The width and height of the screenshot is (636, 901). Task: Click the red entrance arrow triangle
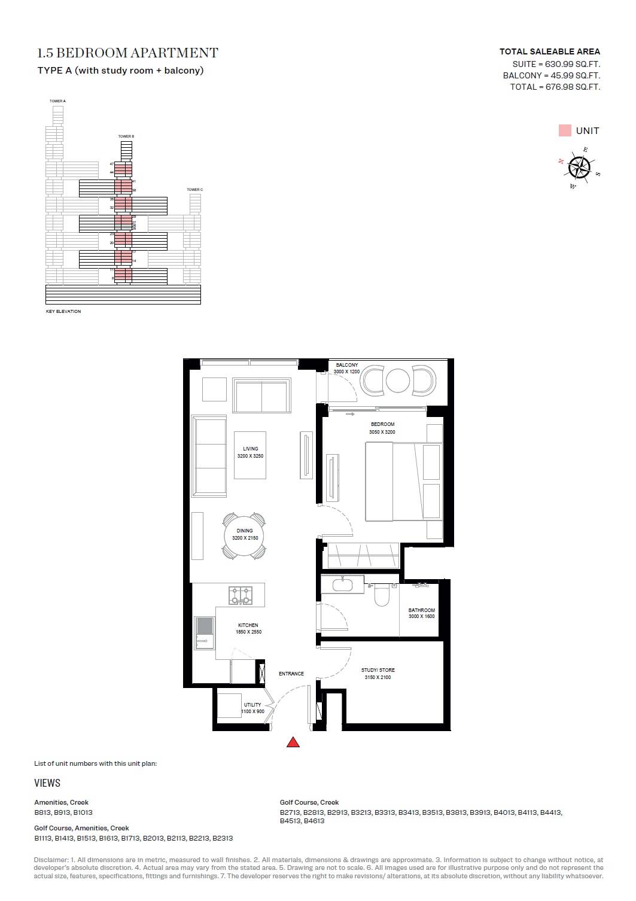(x=293, y=742)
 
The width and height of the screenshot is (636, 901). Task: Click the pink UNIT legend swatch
(x=565, y=130)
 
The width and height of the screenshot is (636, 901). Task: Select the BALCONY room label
(x=346, y=365)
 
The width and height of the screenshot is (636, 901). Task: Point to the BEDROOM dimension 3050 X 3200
(x=382, y=432)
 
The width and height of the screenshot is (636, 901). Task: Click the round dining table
(x=245, y=534)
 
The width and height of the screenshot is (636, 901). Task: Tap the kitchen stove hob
(x=241, y=595)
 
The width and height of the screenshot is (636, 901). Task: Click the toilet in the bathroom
(x=382, y=596)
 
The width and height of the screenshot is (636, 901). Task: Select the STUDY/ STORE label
(x=378, y=670)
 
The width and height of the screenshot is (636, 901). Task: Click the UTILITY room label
(x=252, y=705)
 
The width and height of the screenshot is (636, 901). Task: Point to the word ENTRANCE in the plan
(x=291, y=674)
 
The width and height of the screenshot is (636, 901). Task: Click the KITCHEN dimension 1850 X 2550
(x=248, y=632)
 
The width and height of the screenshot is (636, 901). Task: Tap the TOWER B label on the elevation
(x=126, y=136)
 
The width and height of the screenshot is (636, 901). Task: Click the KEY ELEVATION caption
(x=63, y=312)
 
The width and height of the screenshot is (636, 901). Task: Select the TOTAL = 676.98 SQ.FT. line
(x=555, y=87)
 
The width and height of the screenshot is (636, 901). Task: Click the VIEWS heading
(x=47, y=783)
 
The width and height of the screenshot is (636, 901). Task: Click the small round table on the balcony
(x=398, y=381)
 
